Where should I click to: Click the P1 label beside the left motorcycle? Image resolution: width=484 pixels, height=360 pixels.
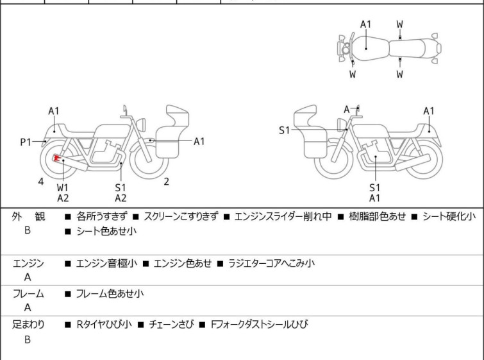pos(25,142)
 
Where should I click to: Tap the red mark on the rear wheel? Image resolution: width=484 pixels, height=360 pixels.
pos(57,159)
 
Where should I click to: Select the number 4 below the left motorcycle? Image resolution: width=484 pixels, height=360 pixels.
pos(41,182)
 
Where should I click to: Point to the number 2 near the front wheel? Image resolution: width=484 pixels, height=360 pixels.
pos(166,182)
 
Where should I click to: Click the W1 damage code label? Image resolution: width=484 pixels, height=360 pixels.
pos(63,187)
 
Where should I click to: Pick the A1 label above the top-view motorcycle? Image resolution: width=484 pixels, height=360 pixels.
pos(365,24)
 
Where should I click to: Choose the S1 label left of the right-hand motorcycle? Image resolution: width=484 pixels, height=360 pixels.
pos(284,130)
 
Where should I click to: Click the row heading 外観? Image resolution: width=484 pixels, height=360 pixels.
pos(28,217)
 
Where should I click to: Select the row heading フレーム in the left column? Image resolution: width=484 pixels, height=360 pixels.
pos(28,294)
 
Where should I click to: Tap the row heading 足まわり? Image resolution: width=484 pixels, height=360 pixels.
pos(28,325)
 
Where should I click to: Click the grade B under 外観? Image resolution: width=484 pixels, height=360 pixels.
pos(28,230)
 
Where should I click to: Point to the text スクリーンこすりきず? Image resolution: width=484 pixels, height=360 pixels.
pos(181,217)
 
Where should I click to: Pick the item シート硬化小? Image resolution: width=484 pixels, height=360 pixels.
pos(449,217)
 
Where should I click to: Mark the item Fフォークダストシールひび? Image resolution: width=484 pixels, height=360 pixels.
pos(259,325)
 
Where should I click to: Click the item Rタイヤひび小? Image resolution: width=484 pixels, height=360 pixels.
pos(104,325)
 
